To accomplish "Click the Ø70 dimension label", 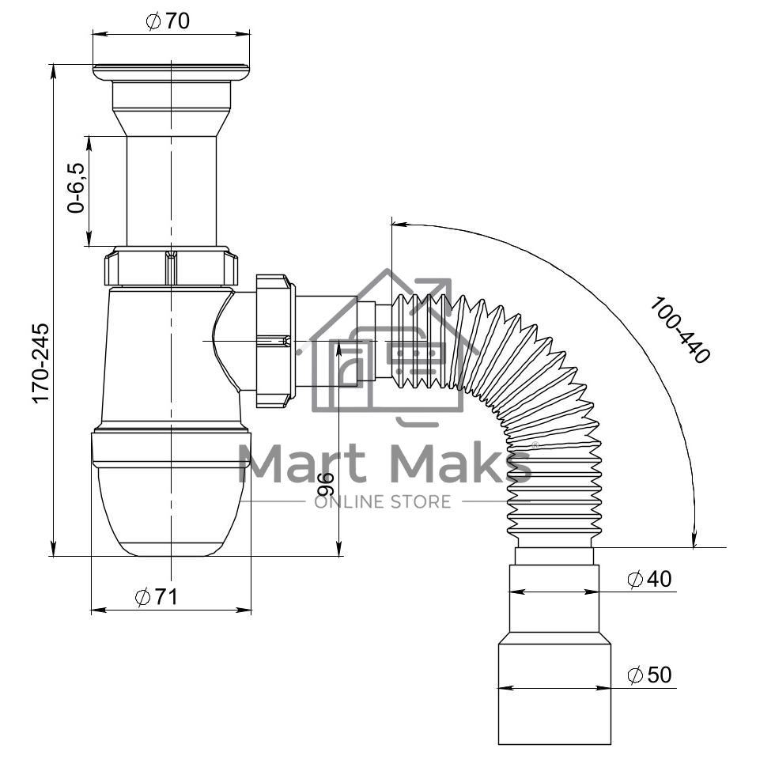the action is (168, 21).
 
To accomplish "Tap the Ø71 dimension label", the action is (157, 597).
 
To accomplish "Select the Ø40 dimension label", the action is (649, 579).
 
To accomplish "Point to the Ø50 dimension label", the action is (649, 675).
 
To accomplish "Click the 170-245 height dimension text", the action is (41, 363).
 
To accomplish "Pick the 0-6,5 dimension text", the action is (76, 187).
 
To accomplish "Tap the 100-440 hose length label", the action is (679, 330).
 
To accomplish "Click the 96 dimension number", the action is (326, 484).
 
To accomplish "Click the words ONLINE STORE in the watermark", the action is (383, 502).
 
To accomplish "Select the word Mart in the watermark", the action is (302, 463).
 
